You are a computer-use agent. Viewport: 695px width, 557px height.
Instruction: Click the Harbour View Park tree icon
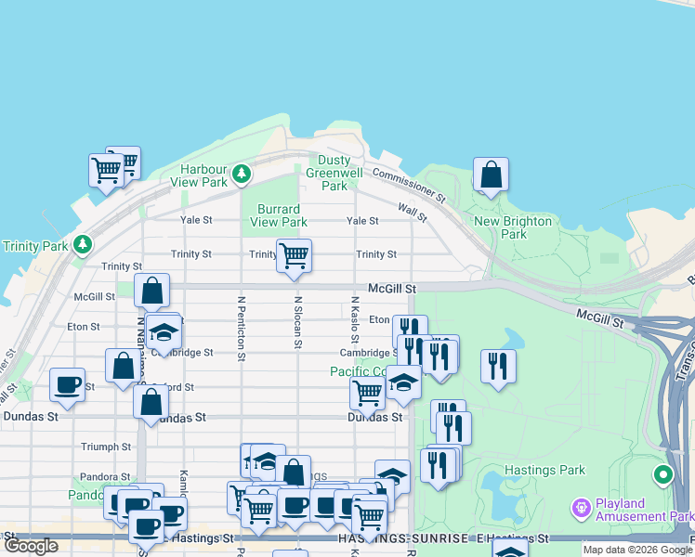pos(242,174)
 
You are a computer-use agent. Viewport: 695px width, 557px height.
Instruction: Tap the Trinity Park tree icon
pos(84,244)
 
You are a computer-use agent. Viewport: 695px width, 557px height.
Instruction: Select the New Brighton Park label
pos(513,227)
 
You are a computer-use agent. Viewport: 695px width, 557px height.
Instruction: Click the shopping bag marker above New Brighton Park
pos(491,175)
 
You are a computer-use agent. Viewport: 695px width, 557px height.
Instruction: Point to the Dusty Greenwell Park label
pos(334,173)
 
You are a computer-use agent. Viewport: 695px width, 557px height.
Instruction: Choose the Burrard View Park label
pos(279,215)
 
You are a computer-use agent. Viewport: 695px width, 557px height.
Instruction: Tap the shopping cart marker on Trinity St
pos(295,255)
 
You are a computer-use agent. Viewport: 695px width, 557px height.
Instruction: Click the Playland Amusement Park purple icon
pos(582,509)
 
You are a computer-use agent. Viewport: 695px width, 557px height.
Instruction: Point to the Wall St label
pos(412,214)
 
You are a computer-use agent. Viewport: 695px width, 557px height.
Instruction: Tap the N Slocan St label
pos(298,322)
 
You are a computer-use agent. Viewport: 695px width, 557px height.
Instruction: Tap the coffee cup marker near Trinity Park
pos(67,385)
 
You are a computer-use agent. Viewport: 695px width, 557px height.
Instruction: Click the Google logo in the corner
pos(32,546)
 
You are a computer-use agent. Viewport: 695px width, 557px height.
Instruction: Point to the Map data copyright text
pos(636,550)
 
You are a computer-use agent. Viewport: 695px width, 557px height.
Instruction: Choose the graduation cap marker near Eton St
pos(164,334)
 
